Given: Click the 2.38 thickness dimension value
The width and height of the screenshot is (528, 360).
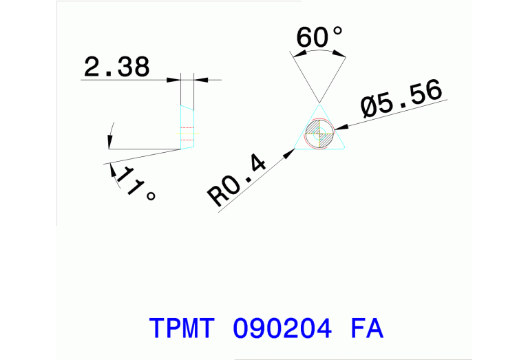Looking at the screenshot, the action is [116, 67].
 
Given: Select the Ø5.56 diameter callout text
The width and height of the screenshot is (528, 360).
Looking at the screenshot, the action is [400, 100].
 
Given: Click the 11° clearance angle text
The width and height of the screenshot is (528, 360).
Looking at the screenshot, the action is [134, 182].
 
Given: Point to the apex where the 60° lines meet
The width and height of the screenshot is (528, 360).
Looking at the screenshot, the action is [319, 103].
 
